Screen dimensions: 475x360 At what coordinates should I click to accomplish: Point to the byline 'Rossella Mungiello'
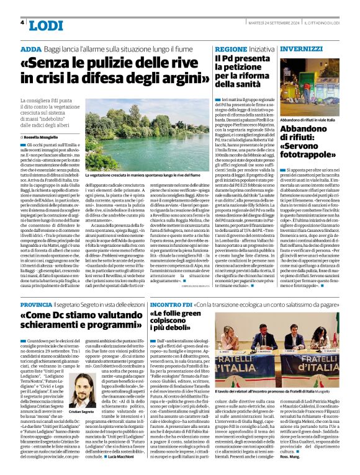[47, 136]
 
